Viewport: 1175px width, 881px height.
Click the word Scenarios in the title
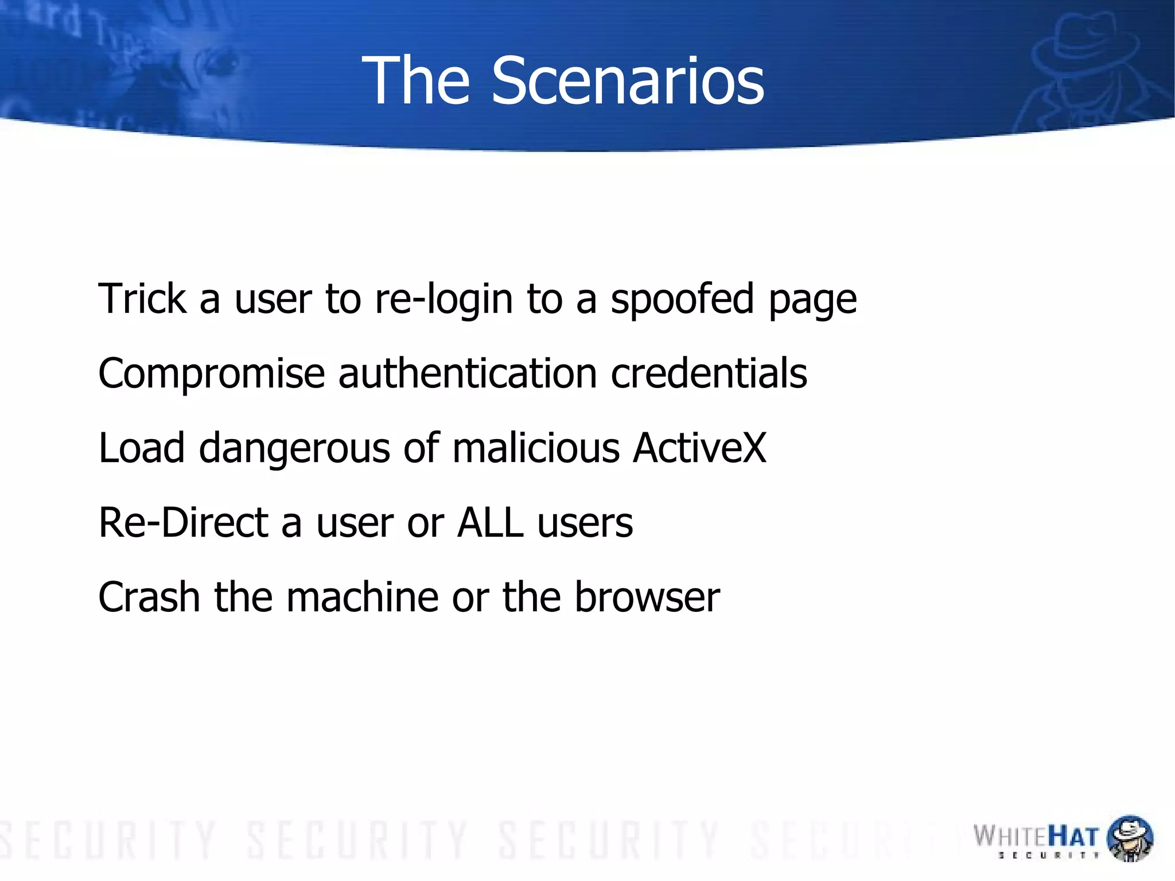coord(628,81)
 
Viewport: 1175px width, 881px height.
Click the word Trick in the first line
coord(142,298)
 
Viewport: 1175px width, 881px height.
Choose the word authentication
coord(468,373)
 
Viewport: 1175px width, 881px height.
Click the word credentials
coord(709,373)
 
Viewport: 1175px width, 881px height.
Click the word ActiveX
coord(700,448)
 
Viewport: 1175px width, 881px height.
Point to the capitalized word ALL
coord(490,522)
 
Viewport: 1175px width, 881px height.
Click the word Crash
coord(149,597)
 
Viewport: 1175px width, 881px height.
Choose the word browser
coord(647,597)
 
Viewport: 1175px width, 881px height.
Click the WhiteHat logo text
coord(1036,837)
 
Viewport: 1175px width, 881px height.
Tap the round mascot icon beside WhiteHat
coord(1129,839)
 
